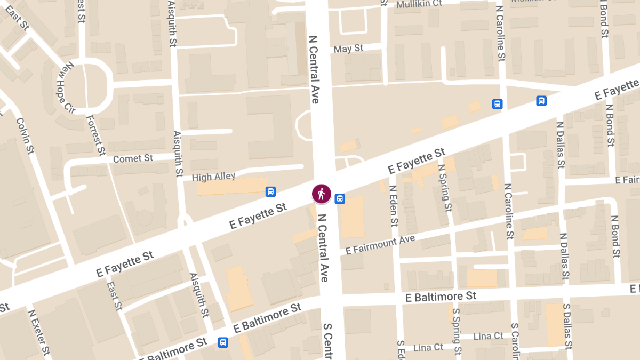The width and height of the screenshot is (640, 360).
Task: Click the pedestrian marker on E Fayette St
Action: [x=322, y=194]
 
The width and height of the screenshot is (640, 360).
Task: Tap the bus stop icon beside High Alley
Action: [x=270, y=191]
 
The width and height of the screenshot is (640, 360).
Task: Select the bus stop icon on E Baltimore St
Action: [x=223, y=342]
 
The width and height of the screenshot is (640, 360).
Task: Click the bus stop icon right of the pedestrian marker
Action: [x=340, y=199]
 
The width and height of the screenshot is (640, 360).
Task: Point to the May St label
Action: [x=348, y=49]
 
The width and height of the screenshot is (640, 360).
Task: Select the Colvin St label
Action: [x=25, y=136]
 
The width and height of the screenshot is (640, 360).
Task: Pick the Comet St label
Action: [x=133, y=158]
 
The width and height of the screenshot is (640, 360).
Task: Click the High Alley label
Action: [x=213, y=177]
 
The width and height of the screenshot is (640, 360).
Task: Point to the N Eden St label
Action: [x=394, y=206]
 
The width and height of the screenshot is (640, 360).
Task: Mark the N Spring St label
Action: [x=444, y=187]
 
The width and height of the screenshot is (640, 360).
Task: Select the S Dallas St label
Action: [x=567, y=326]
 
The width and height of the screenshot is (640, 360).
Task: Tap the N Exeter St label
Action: [x=41, y=334]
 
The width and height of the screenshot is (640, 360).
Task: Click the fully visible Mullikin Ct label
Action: [x=419, y=4]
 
